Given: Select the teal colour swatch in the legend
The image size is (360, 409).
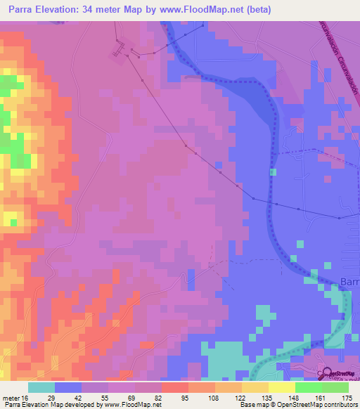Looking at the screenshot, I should (41, 387).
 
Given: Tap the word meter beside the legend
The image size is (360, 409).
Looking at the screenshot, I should (10, 398).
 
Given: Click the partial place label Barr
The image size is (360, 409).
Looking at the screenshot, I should (349, 282).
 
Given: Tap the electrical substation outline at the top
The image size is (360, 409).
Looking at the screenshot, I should (117, 50).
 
